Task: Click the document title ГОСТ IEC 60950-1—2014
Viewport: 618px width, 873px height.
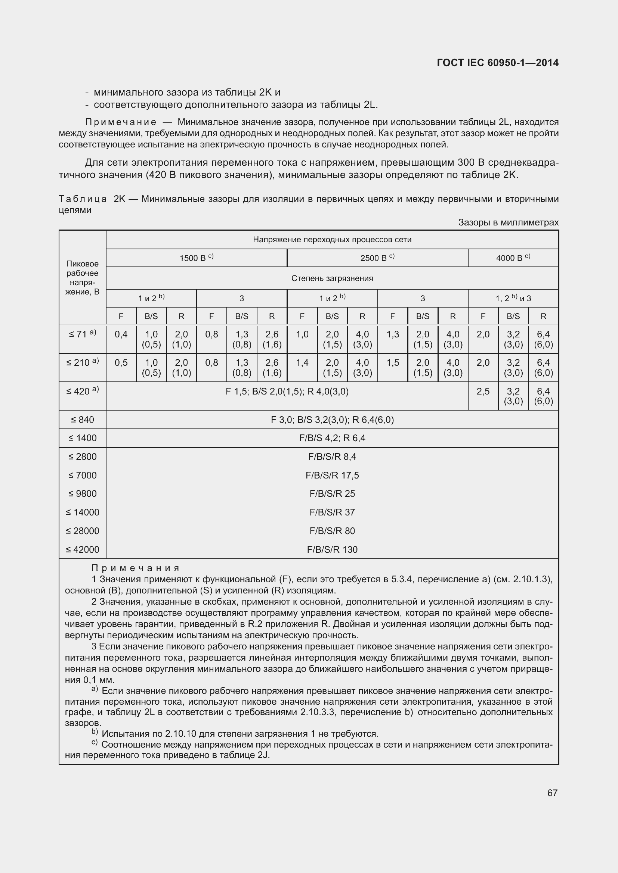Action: point(497,63)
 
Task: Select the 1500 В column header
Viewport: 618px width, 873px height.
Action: point(197,258)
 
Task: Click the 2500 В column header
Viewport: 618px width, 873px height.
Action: point(377,258)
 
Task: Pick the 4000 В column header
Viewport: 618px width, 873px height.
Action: point(513,258)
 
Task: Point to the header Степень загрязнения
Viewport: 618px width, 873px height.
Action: point(332,278)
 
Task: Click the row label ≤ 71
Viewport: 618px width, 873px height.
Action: point(82,334)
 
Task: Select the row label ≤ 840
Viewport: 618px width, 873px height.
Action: point(82,420)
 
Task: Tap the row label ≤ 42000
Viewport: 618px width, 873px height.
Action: point(82,549)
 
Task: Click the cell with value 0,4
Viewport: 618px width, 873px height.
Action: point(121,334)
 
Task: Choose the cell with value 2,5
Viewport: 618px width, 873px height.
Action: point(482,391)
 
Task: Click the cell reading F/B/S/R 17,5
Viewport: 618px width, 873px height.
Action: point(332,475)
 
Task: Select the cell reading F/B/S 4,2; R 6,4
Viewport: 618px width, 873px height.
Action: point(332,438)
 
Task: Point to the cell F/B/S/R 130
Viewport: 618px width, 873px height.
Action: point(332,549)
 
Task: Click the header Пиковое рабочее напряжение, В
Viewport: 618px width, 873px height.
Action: point(82,278)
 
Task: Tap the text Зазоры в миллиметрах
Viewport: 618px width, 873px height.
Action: point(508,222)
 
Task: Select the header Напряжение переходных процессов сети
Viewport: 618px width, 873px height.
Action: point(332,240)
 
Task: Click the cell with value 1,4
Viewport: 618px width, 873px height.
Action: point(302,363)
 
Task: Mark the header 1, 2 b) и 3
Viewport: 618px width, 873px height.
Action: point(513,299)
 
